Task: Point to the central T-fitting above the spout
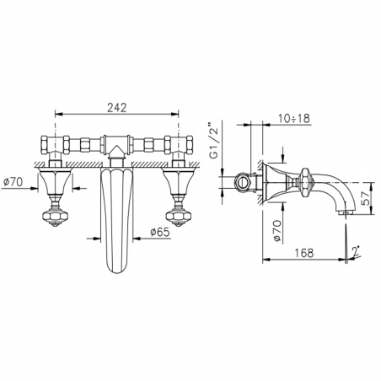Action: coord(116,146)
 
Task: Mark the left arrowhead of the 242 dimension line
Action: coord(57,111)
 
